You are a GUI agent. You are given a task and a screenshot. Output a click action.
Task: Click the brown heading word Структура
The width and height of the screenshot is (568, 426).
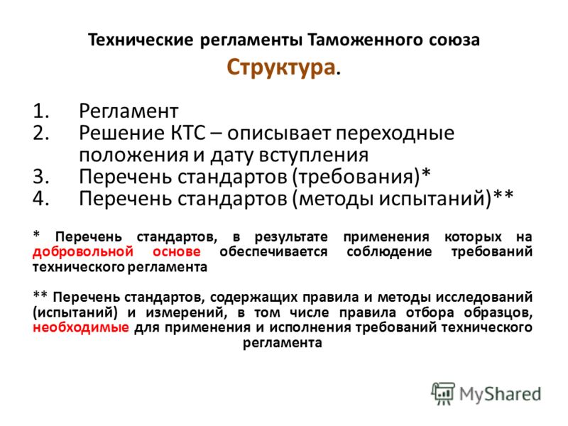point(280,67)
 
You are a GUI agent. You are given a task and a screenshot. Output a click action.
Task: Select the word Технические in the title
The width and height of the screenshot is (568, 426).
point(141,40)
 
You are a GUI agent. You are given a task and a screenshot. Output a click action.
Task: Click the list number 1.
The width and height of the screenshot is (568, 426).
point(40,111)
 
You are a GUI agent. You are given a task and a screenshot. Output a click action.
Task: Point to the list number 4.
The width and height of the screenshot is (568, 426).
point(41,198)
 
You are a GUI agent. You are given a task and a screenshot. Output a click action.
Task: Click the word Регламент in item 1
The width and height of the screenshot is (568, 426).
point(129,111)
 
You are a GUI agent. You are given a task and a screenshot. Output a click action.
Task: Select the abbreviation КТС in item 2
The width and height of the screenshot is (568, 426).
point(187,133)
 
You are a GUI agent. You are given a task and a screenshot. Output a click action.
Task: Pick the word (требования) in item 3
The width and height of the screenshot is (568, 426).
point(357,177)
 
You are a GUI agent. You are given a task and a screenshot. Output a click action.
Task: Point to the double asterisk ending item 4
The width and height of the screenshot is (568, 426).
point(503,195)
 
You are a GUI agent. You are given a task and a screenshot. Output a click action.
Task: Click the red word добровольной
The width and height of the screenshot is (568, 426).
point(83,252)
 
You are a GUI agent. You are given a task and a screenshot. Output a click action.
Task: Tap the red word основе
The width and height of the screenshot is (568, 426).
point(176,252)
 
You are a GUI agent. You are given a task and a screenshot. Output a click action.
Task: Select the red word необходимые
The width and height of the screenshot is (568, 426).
point(81,327)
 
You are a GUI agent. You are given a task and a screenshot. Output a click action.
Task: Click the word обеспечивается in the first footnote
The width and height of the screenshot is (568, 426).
point(273,252)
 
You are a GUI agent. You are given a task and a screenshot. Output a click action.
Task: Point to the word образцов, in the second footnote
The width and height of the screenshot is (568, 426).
point(498,312)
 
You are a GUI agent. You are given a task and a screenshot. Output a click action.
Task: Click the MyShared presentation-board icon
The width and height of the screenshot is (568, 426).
point(442,393)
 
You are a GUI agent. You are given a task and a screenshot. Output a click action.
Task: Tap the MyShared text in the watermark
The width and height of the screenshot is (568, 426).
point(501,395)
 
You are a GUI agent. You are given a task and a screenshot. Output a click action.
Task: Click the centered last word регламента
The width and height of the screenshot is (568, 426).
point(282,343)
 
